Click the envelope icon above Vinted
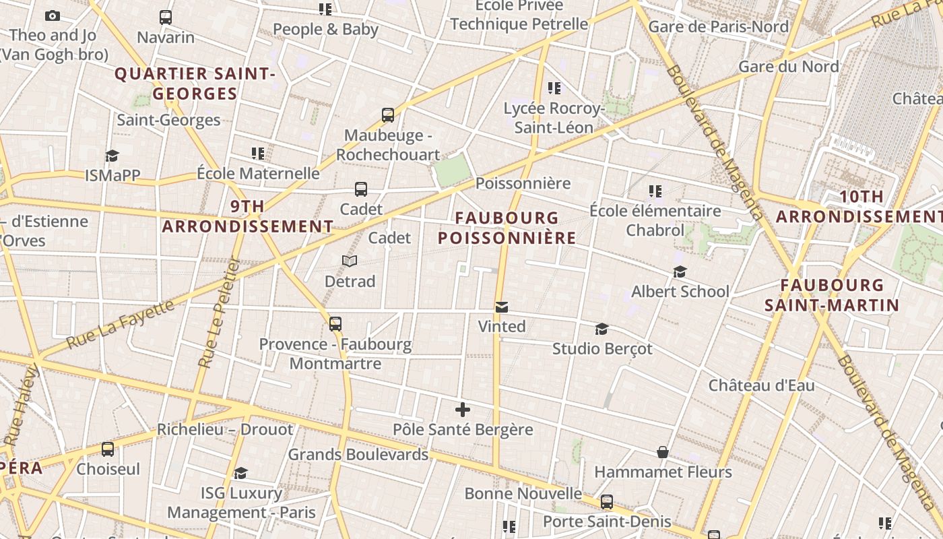[501, 307]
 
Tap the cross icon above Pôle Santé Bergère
[463, 410]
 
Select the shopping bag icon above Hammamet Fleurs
[663, 452]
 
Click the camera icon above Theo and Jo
[53, 15]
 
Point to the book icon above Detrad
[349, 261]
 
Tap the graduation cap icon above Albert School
[680, 272]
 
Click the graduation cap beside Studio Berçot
[601, 329]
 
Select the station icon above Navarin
[166, 17]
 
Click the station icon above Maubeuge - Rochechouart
[387, 115]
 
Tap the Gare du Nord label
[788, 67]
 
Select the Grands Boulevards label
[358, 454]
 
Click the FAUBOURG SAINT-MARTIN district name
[832, 295]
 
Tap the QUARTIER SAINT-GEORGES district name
[195, 84]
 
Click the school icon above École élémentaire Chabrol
[655, 191]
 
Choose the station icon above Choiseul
[108, 449]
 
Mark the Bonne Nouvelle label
[523, 493]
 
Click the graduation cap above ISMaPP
[112, 156]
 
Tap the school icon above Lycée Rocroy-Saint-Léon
[554, 88]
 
